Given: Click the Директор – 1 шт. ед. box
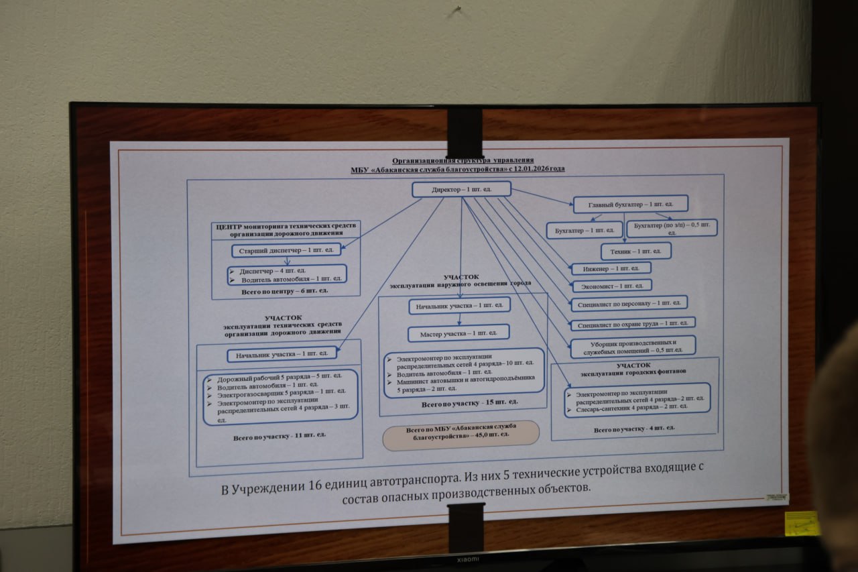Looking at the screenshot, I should click(461, 189).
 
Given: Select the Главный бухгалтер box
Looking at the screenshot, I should click(630, 204).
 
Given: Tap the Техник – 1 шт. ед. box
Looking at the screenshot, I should click(635, 251).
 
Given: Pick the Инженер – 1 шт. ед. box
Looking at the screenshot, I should click(611, 268).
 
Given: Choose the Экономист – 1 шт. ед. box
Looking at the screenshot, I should click(611, 286).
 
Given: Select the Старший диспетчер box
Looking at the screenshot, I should click(286, 251).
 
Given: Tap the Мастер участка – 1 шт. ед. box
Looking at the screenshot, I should click(458, 333).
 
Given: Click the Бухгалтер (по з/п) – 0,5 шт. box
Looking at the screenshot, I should click(672, 228).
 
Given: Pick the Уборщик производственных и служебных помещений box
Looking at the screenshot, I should click(633, 346).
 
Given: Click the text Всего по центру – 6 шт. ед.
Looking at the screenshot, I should click(286, 291).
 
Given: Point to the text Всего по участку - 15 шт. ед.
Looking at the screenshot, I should click(469, 402).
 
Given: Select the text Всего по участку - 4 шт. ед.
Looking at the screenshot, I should click(634, 428).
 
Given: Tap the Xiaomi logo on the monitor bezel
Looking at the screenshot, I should click(468, 559).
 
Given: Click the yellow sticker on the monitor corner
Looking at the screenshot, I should click(802, 523).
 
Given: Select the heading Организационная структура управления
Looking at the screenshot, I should click(463, 160).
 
